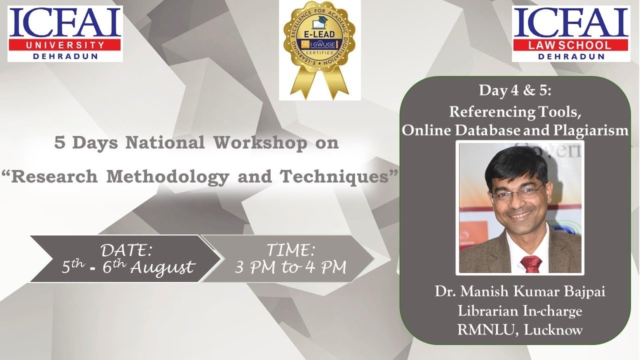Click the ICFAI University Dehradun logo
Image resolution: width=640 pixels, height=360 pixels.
(65, 33)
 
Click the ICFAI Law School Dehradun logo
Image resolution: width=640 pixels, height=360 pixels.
(570, 33)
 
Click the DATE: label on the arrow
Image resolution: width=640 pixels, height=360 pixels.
(126, 249)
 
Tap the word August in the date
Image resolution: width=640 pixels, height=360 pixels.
(161, 267)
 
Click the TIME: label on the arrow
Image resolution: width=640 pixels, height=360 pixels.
(290, 249)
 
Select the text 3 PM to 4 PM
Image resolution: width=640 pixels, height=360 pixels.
(290, 267)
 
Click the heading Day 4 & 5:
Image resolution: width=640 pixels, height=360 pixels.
(515, 90)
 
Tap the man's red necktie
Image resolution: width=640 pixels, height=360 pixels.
(530, 263)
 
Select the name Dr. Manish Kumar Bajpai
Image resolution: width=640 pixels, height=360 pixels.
(520, 292)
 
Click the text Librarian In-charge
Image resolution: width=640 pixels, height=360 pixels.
(520, 311)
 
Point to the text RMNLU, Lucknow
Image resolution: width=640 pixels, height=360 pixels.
(520, 330)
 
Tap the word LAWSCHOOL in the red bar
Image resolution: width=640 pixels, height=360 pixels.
(570, 45)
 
